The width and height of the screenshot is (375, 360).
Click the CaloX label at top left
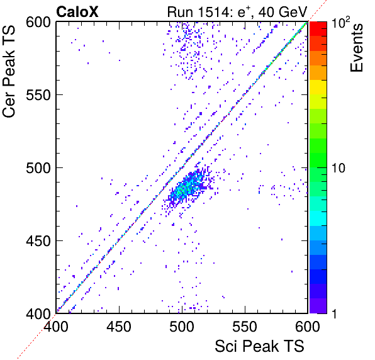click(x=77, y=12)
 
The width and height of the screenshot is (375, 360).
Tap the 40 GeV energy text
click(x=283, y=12)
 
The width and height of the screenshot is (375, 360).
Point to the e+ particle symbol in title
click(x=243, y=12)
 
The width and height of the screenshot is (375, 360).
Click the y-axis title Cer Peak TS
click(x=9, y=71)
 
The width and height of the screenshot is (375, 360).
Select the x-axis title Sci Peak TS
click(x=259, y=346)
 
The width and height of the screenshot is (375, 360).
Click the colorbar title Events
click(x=357, y=48)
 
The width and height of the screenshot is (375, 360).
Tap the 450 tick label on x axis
click(x=119, y=327)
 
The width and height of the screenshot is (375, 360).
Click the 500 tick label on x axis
click(x=182, y=327)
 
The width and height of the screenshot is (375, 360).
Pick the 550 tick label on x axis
click(x=245, y=327)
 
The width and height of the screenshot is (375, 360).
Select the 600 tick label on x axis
click(x=308, y=327)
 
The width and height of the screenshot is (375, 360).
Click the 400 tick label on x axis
click(x=56, y=327)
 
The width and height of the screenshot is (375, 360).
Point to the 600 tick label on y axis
click(x=38, y=23)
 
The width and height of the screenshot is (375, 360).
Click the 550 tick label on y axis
click(x=38, y=96)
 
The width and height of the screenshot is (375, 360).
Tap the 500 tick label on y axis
click(x=38, y=169)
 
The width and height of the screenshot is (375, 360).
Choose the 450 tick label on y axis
click(x=38, y=241)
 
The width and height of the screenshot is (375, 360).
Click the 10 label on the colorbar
click(x=338, y=168)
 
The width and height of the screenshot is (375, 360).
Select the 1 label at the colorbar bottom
click(x=334, y=313)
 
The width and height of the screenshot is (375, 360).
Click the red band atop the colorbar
click(x=318, y=29)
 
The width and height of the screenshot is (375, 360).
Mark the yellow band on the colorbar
click(x=318, y=87)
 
